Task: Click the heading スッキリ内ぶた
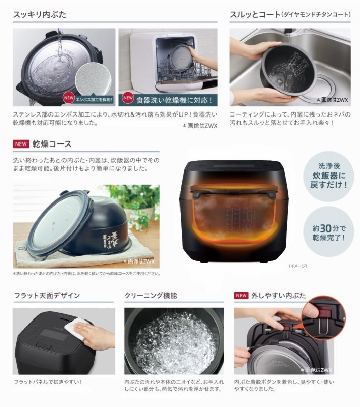pos(41,14)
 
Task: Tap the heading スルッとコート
pos(254,14)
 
